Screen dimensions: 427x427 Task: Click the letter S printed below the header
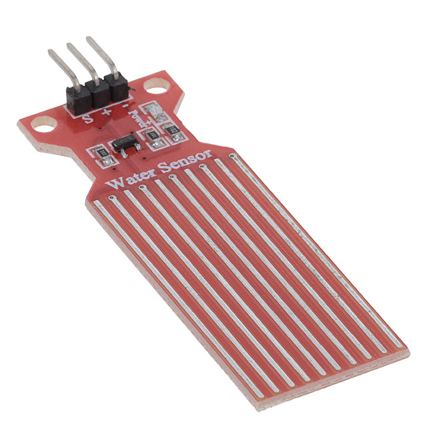coord(87,120)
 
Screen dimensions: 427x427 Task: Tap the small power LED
coord(154,113)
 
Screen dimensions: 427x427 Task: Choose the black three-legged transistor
coord(125,144)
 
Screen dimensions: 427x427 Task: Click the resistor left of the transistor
coord(101,157)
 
